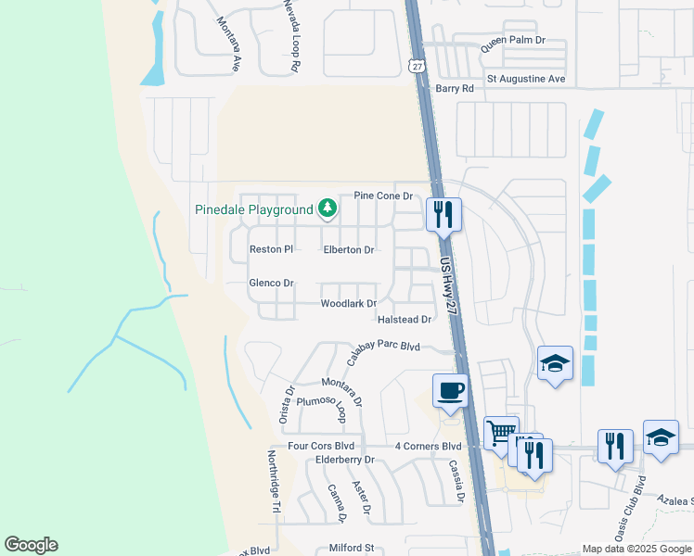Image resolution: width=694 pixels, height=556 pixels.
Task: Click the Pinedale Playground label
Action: pyautogui.click(x=254, y=209)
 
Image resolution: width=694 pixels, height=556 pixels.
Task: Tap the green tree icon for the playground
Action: pyautogui.click(x=327, y=208)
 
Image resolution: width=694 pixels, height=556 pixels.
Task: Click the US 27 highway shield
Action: pyautogui.click(x=418, y=65)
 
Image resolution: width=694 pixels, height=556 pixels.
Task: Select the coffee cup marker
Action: pyautogui.click(x=450, y=390)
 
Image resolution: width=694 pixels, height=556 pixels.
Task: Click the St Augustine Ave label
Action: pyautogui.click(x=526, y=79)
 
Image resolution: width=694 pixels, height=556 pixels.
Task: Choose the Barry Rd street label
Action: pyautogui.click(x=455, y=89)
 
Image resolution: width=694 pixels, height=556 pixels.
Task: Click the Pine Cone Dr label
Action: pyautogui.click(x=383, y=196)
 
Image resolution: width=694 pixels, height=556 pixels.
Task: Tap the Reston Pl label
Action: pyautogui.click(x=271, y=249)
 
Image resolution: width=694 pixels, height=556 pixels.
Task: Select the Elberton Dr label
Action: pyautogui.click(x=348, y=250)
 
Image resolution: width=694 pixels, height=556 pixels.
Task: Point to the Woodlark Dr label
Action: pyautogui.click(x=348, y=304)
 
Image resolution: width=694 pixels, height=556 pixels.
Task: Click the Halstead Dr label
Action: pyautogui.click(x=405, y=320)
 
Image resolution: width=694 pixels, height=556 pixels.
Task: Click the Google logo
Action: pyautogui.click(x=31, y=545)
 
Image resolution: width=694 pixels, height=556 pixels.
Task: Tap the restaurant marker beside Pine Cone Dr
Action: pyautogui.click(x=443, y=215)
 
